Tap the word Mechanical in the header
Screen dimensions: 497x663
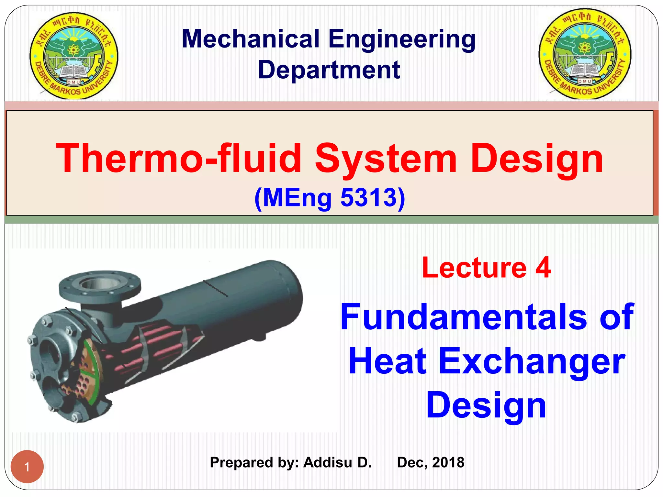click(251, 39)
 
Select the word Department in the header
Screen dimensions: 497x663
click(329, 70)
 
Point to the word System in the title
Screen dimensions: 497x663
click(386, 159)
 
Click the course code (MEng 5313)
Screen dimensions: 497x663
click(330, 198)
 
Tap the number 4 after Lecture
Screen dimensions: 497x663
click(543, 267)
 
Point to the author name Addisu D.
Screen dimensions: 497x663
click(337, 462)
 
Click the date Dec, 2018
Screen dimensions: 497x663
click(431, 462)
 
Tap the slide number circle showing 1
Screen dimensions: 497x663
click(27, 467)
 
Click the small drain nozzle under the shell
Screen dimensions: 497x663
click(259, 337)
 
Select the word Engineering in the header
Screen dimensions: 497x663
click(402, 39)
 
